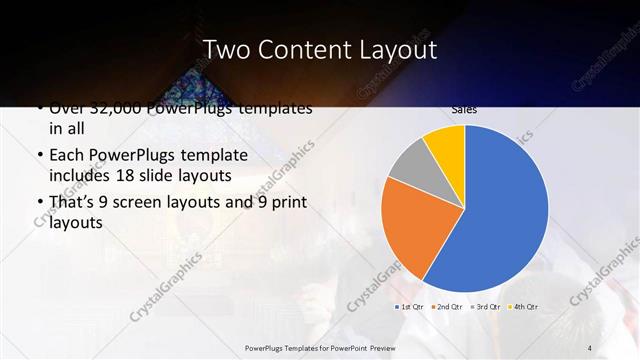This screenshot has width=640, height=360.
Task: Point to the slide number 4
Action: click(x=590, y=347)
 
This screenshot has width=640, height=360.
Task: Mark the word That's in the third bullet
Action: click(x=72, y=203)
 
